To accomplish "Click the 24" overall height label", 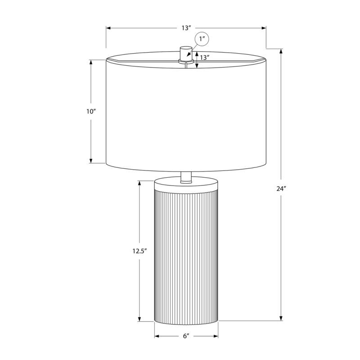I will [x=282, y=189].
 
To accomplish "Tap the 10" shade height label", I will [x=91, y=111].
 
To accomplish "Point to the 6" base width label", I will [x=186, y=336].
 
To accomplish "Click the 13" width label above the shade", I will [x=186, y=28].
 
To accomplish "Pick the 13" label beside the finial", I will [x=205, y=58].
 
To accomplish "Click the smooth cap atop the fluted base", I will [x=186, y=185].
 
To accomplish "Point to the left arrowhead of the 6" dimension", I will [x=157, y=336].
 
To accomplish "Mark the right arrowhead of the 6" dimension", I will [x=216, y=336].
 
